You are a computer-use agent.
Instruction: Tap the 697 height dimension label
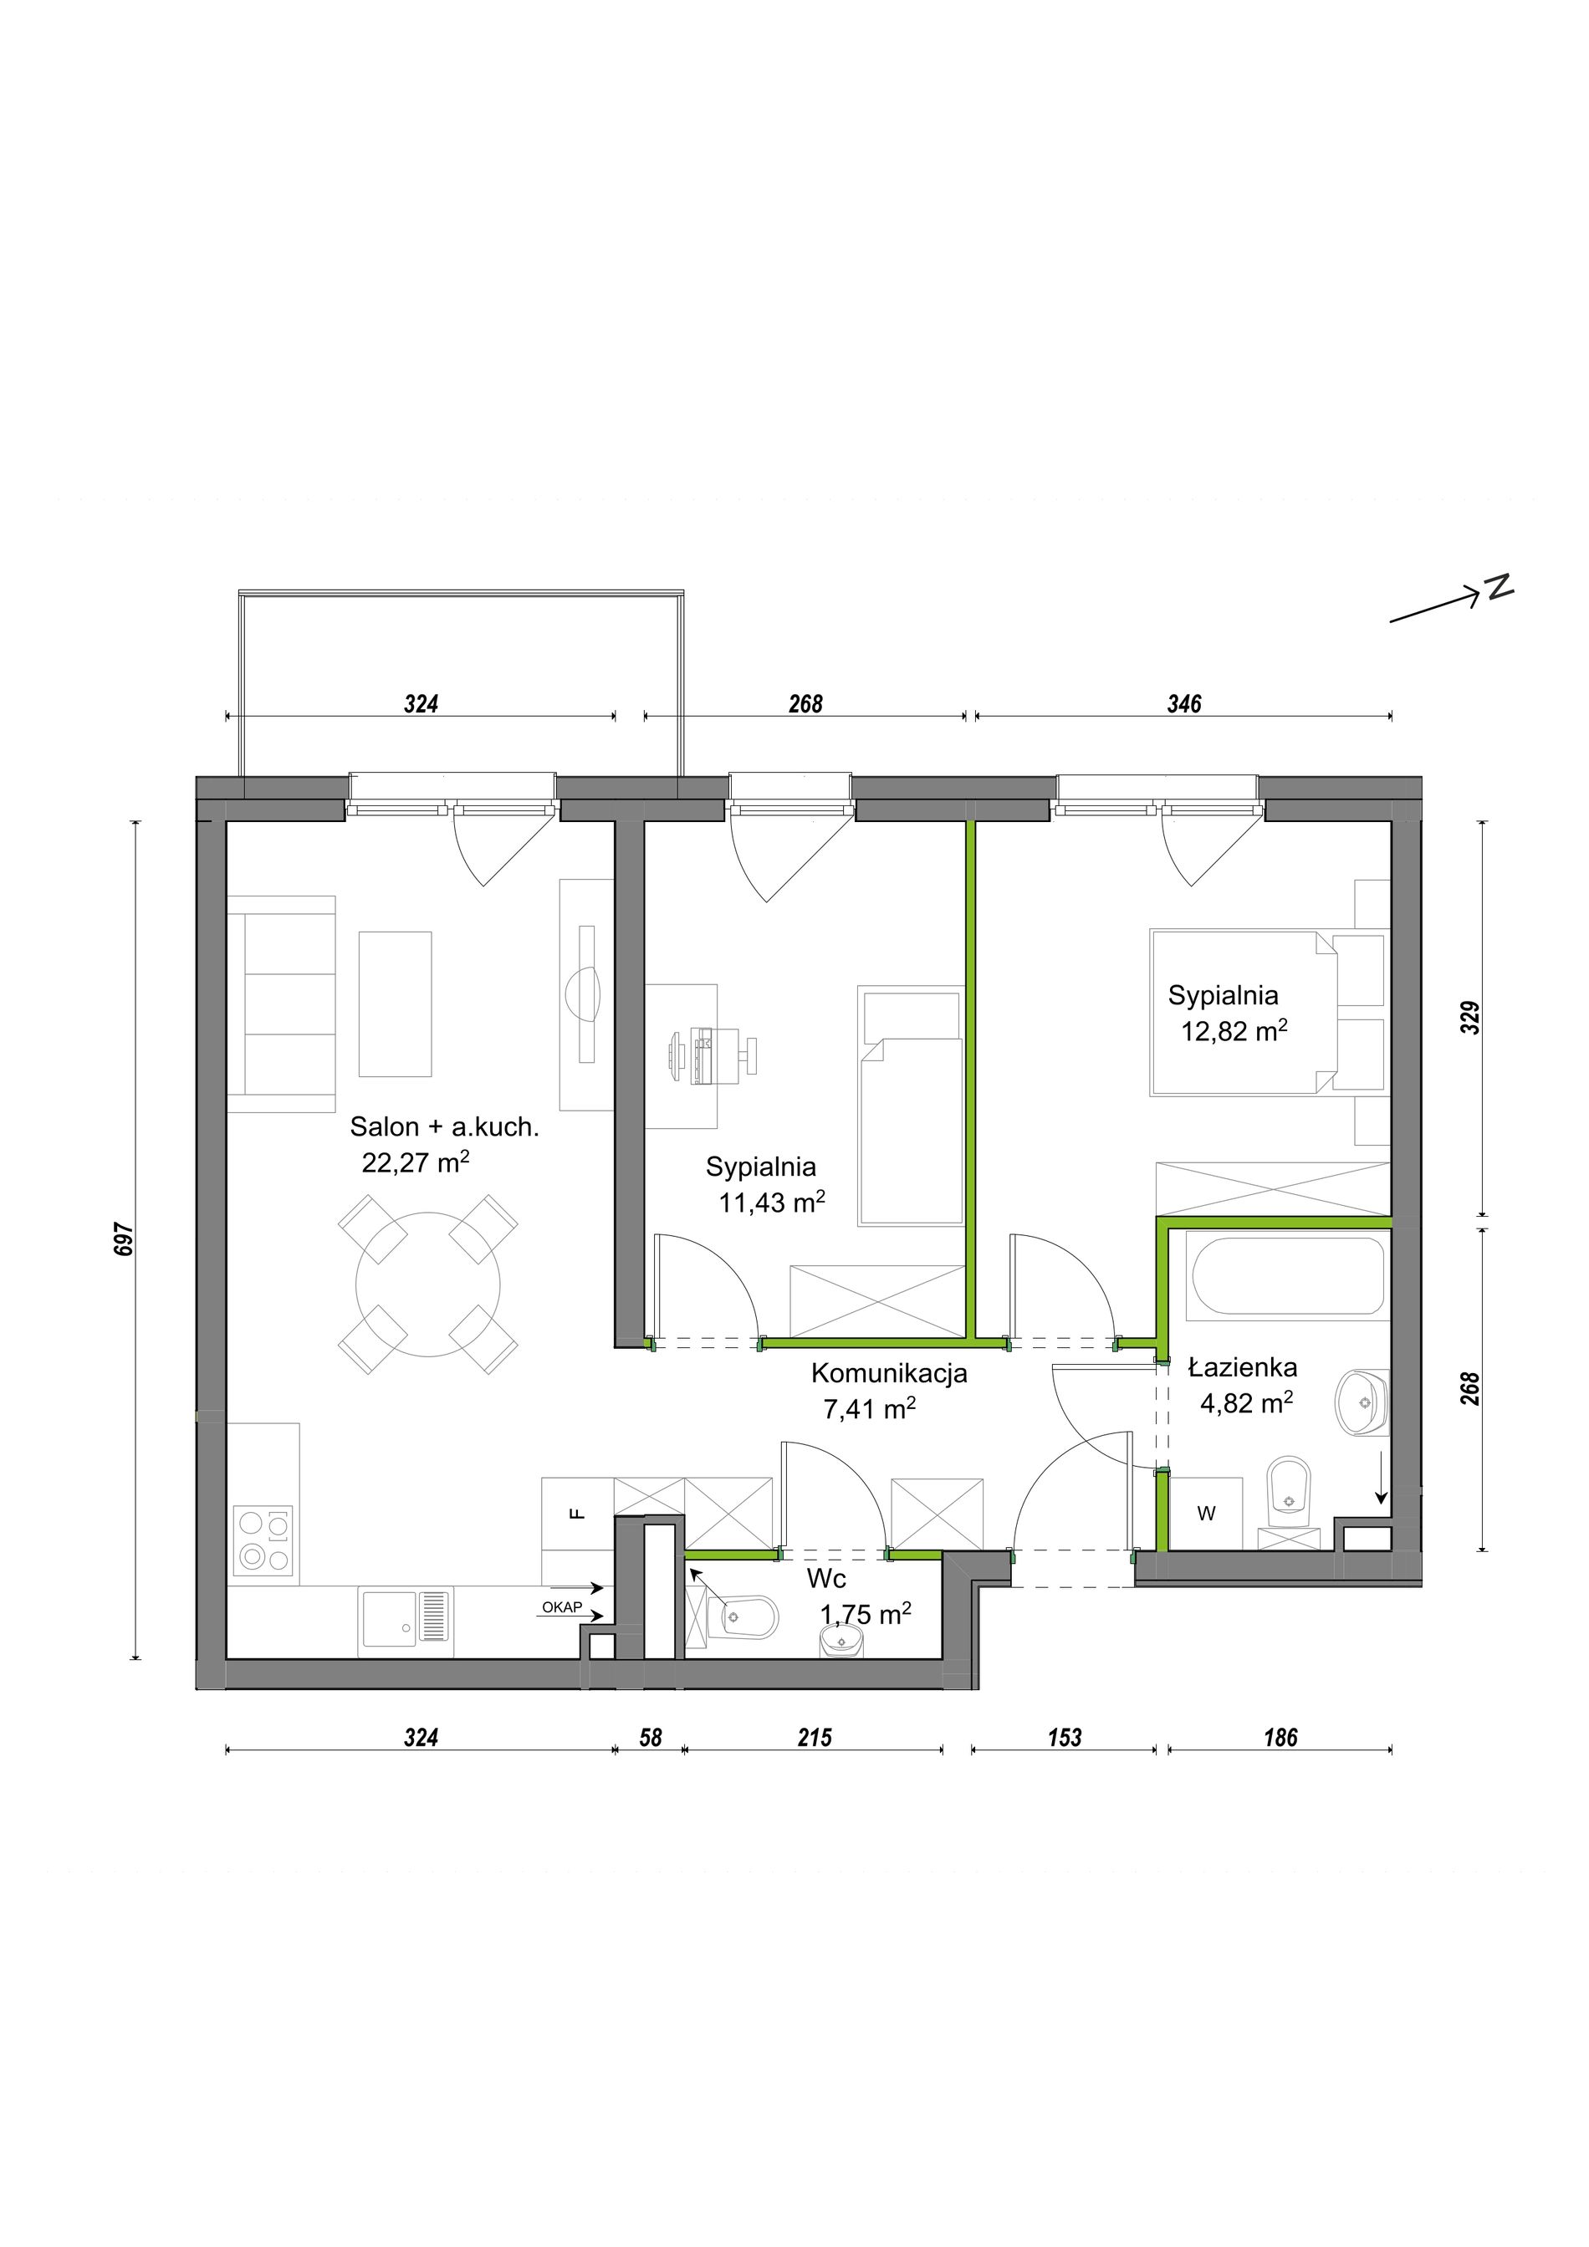click(125, 1239)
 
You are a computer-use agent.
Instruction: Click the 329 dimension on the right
click(1469, 1018)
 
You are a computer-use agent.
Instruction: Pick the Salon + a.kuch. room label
click(445, 1127)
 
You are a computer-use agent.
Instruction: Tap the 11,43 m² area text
click(773, 1202)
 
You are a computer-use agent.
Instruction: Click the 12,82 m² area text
click(1234, 1030)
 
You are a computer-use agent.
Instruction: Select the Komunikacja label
click(889, 1374)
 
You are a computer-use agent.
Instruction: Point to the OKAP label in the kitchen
click(562, 1607)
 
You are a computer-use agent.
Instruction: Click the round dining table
click(428, 1284)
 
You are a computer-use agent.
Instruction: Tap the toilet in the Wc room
click(749, 1619)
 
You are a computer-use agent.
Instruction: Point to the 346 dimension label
click(1184, 703)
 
